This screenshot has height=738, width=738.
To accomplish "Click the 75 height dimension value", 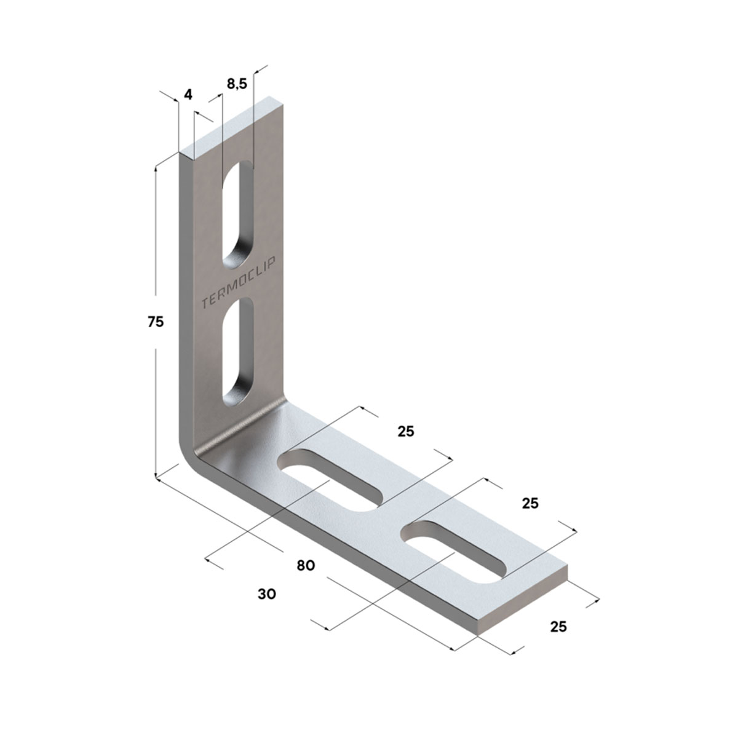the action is (x=156, y=322).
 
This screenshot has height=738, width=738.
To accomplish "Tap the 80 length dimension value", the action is (x=306, y=565).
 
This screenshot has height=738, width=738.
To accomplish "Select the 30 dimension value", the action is (x=267, y=594).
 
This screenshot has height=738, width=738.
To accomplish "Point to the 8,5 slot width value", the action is (x=237, y=84).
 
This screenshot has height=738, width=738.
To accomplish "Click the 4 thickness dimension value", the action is (x=188, y=94).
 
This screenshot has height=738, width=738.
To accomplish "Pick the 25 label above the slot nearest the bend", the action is (x=406, y=432).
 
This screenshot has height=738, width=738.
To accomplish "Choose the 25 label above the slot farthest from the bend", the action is (x=530, y=503).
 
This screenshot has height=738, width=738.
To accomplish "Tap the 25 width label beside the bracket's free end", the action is (x=558, y=627).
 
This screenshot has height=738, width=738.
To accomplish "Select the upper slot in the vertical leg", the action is (x=238, y=216).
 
